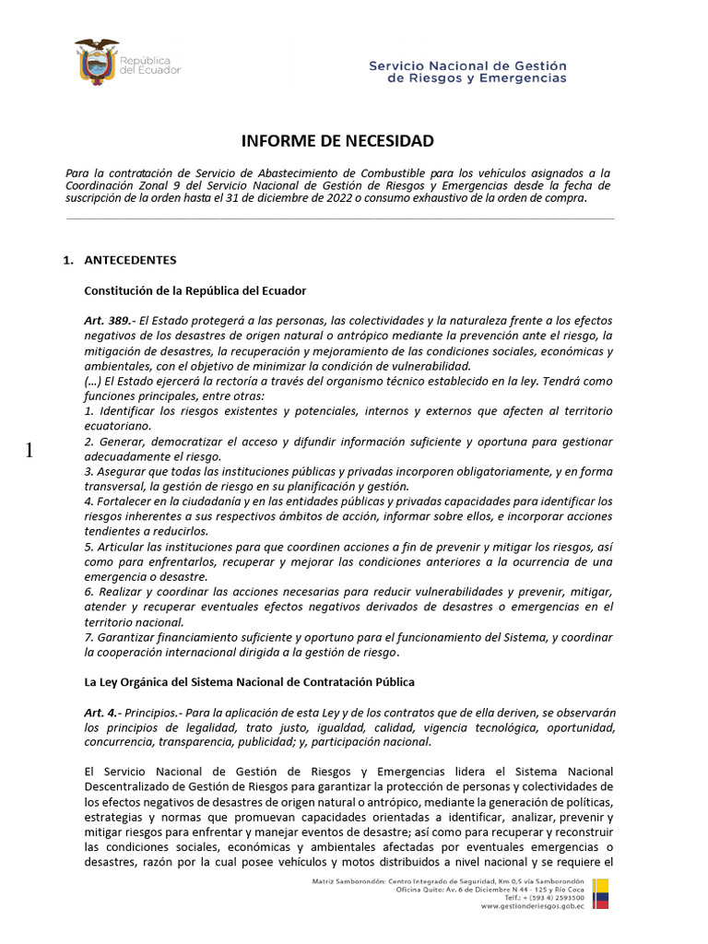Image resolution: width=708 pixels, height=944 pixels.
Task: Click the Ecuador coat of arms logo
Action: pyautogui.click(x=96, y=63)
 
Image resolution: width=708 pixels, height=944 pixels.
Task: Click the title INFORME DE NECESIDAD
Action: pyautogui.click(x=337, y=141)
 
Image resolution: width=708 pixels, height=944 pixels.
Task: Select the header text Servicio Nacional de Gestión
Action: pyautogui.click(x=467, y=66)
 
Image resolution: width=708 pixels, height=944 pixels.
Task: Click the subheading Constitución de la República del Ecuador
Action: pyautogui.click(x=195, y=290)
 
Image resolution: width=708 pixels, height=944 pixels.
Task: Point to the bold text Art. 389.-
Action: pyautogui.click(x=110, y=321)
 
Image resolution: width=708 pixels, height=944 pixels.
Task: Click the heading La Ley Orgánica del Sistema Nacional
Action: pyautogui.click(x=249, y=682)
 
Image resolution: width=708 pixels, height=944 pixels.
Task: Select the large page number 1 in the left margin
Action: pyautogui.click(x=29, y=450)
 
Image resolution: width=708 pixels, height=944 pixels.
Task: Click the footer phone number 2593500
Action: pyautogui.click(x=566, y=897)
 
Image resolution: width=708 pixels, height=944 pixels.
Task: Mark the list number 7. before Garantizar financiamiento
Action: pyautogui.click(x=88, y=637)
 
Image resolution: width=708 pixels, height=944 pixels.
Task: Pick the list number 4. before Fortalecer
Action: pyautogui.click(x=88, y=501)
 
